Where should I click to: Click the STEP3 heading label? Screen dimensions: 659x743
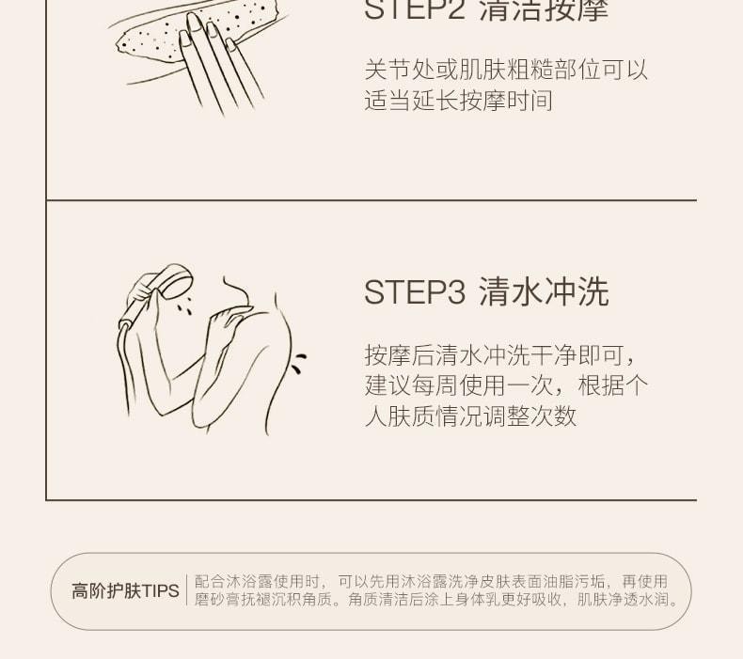(414, 292)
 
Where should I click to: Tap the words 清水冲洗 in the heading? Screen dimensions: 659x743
(544, 292)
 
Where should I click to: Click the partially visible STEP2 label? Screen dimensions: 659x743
(414, 9)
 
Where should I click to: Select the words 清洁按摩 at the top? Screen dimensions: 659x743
(544, 9)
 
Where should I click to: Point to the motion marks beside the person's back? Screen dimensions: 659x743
(297, 362)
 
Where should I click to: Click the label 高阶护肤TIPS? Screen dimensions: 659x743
(125, 591)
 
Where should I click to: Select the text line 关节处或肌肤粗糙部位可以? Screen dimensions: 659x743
(506, 70)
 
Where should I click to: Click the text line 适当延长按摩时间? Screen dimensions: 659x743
(458, 101)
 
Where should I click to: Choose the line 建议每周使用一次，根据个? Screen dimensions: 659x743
(506, 385)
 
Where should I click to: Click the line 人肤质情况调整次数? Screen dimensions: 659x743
(470, 416)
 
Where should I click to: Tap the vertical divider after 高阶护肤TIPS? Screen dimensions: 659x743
(186, 591)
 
